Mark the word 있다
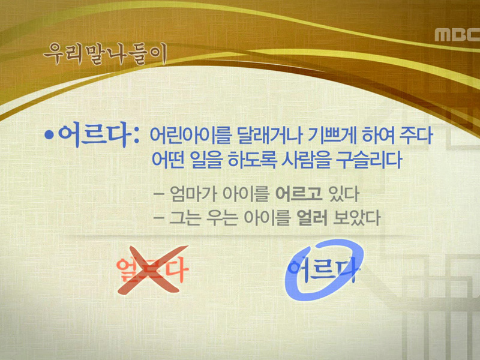coord(344,195)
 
